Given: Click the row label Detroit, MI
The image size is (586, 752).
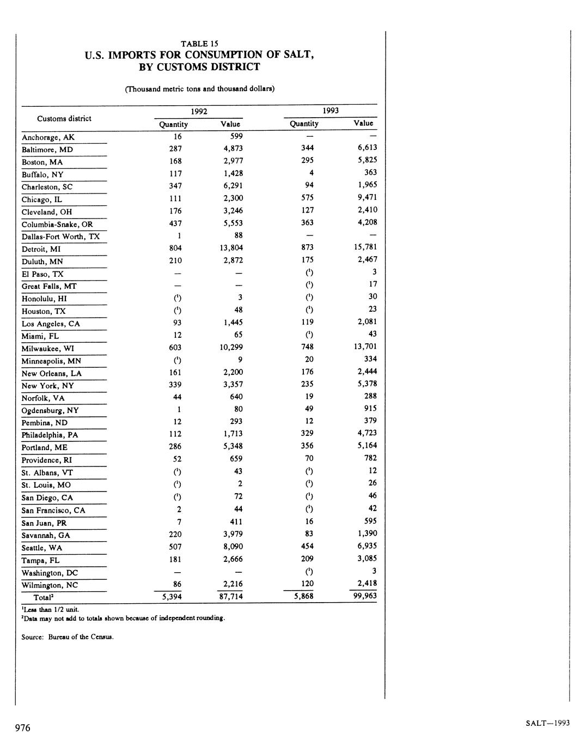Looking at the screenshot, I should point(41,249).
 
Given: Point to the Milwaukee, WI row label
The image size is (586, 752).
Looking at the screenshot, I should point(48,348).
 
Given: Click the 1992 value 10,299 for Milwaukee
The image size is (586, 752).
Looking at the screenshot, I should point(231,347).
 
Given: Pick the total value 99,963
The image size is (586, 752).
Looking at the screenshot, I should point(363,596).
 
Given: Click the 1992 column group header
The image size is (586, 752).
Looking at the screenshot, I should point(198,111).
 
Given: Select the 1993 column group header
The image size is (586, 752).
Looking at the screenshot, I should point(330,111).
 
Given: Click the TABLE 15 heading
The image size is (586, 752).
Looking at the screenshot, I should point(199,44).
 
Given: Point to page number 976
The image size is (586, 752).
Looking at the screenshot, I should point(23,728).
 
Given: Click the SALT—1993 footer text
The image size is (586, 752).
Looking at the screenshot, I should point(547,723).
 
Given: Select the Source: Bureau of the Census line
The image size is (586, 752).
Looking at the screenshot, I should point(68,636).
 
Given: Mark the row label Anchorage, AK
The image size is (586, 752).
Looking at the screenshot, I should point(48,137).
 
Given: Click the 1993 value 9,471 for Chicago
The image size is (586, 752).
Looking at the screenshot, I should point(365,197).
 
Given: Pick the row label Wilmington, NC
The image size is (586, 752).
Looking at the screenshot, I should point(50,585).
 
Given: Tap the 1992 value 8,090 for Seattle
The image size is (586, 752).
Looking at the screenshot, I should point(231,547).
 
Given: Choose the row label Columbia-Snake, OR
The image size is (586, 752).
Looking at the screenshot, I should point(57,225).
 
